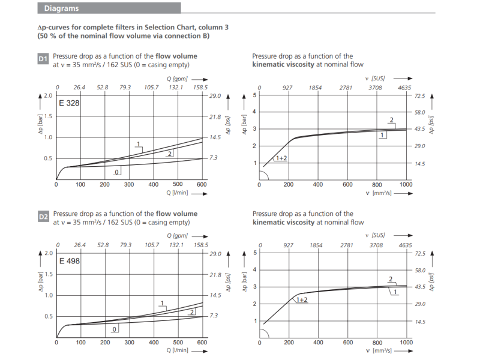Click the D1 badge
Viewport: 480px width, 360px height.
tap(43, 59)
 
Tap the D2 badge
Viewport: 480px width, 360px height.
tap(43, 217)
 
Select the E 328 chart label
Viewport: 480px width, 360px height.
tap(69, 103)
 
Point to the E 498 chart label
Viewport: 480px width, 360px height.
tap(69, 261)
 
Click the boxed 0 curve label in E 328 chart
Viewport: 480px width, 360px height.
tap(117, 172)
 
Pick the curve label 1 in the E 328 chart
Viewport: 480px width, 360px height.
tap(139, 144)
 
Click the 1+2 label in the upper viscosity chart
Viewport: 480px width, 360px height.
tap(281, 158)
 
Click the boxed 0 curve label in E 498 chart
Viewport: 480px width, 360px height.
tap(115, 329)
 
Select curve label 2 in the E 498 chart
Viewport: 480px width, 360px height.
tap(192, 313)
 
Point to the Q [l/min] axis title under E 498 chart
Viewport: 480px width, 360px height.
tap(178, 350)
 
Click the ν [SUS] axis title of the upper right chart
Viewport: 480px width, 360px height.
tap(378, 79)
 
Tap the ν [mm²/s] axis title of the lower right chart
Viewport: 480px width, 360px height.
tap(378, 350)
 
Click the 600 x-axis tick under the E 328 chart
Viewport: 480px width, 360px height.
tap(202, 184)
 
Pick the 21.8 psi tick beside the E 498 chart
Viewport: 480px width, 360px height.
tap(216, 275)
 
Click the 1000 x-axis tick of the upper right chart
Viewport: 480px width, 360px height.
tap(406, 184)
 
